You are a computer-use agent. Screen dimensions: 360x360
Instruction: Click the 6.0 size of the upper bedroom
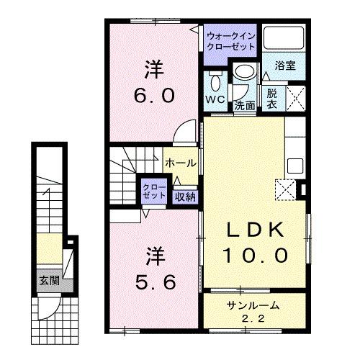[153, 95]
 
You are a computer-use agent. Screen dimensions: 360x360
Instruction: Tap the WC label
[215, 99]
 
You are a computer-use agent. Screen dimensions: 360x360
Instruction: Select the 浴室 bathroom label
[286, 64]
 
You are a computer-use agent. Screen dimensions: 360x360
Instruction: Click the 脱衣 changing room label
[271, 97]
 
